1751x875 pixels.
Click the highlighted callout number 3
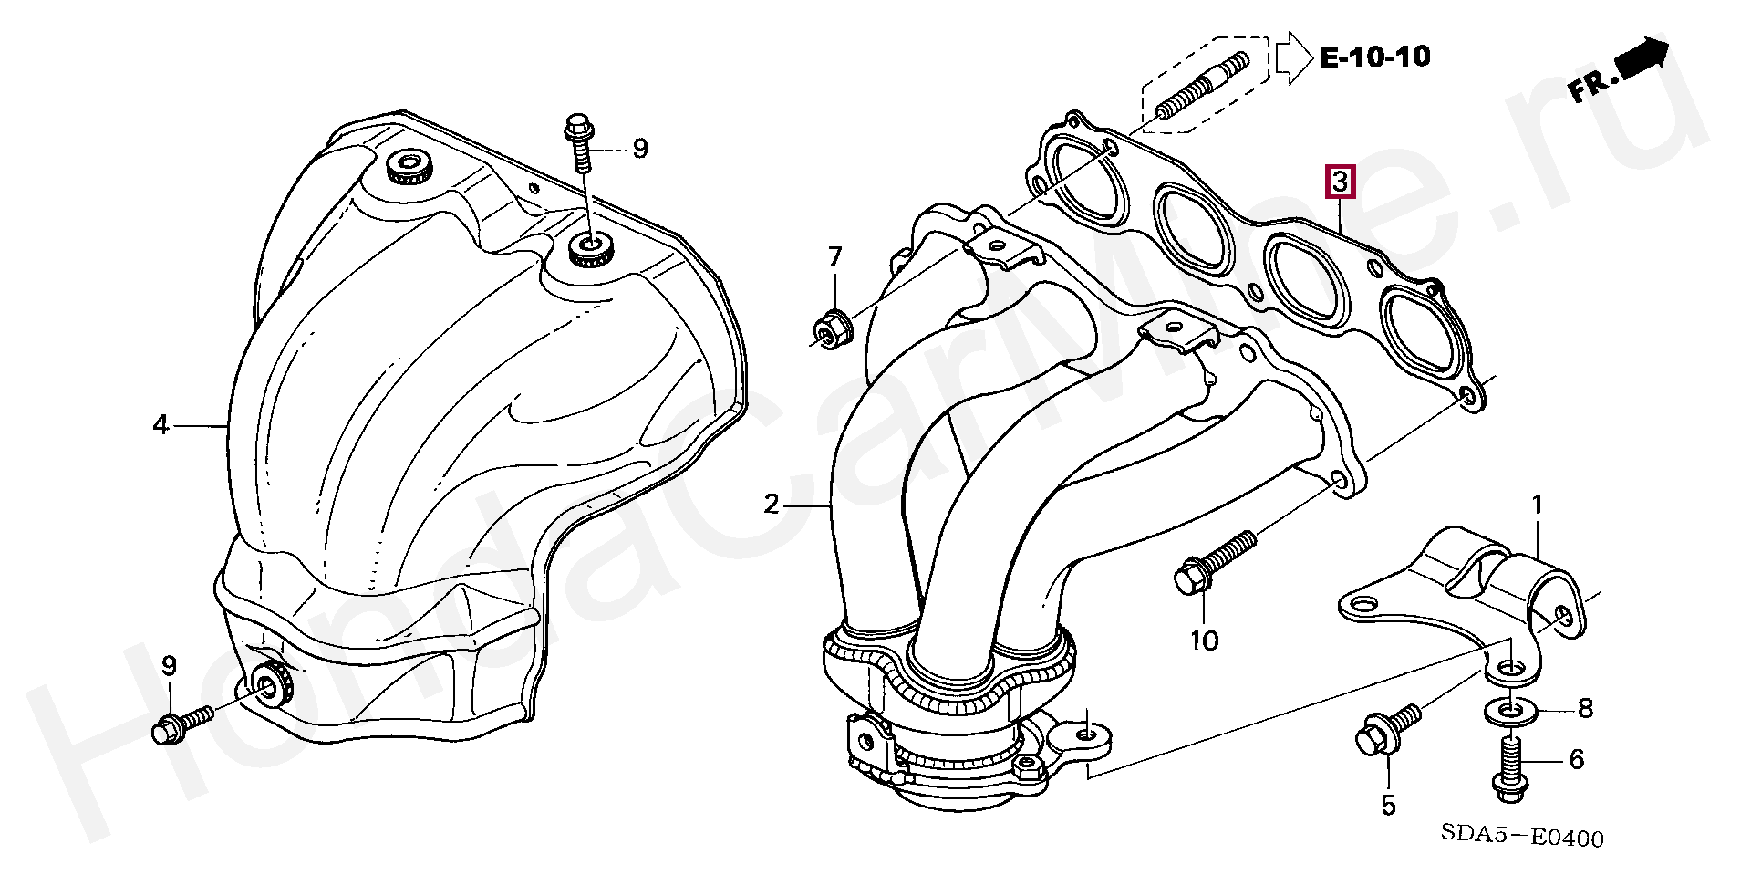(x=1340, y=182)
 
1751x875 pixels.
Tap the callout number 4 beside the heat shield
(x=161, y=424)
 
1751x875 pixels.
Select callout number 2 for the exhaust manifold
(x=772, y=504)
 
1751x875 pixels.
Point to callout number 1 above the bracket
(x=1537, y=505)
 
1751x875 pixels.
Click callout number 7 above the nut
(x=835, y=257)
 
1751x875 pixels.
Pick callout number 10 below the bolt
(x=1204, y=641)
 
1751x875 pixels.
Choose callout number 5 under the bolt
(x=1388, y=805)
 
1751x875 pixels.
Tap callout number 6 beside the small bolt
(x=1576, y=759)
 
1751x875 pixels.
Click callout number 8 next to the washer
(x=1585, y=708)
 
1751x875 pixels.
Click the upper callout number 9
(x=640, y=148)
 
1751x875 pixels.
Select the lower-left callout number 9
(x=169, y=666)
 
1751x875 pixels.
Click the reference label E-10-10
(x=1375, y=57)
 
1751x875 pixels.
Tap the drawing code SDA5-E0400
(x=1522, y=837)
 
